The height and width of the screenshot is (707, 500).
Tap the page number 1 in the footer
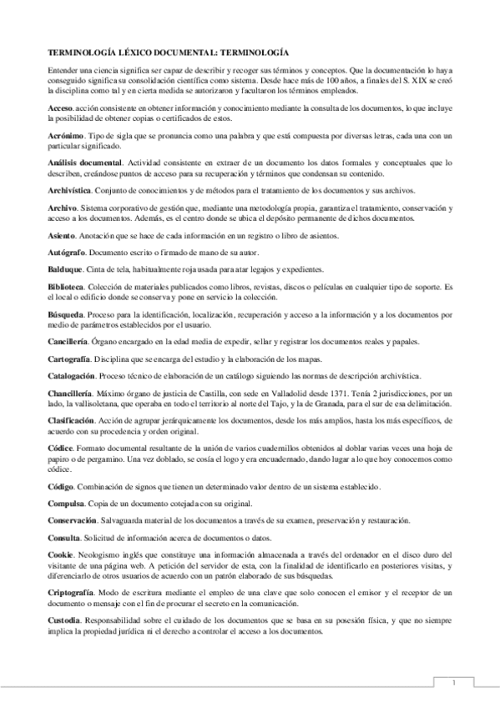[x=453, y=683]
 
